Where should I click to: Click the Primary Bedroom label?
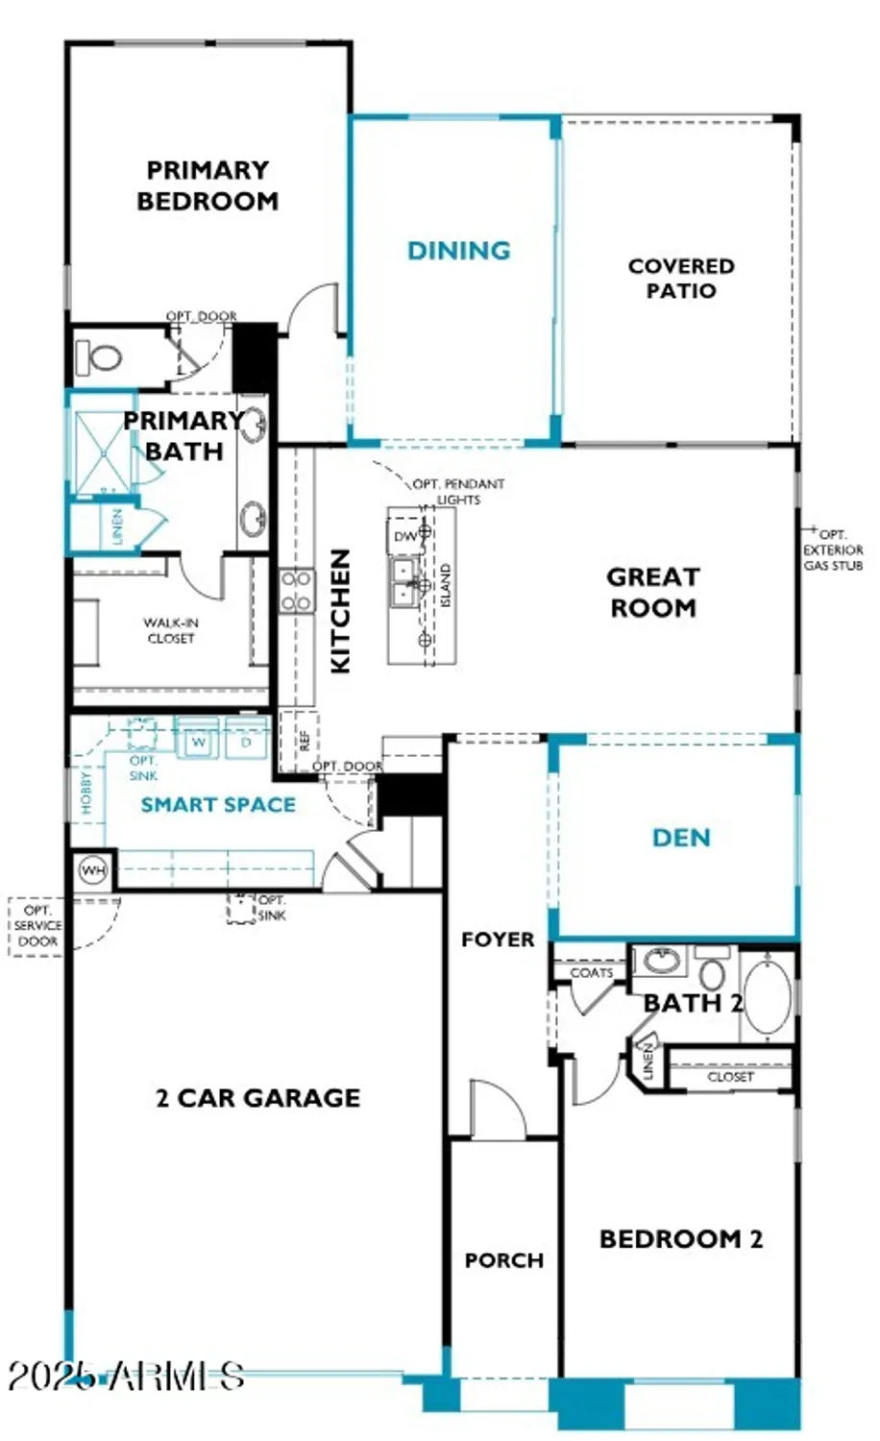[x=208, y=185]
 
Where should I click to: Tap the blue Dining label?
[x=458, y=251]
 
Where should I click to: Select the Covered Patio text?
[x=681, y=278]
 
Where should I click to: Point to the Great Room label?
[x=653, y=592]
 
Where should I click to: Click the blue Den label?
[x=681, y=838]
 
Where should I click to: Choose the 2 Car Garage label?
[x=258, y=1098]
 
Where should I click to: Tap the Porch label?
[x=503, y=1259]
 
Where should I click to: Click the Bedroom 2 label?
[x=681, y=1239]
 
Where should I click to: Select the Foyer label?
[x=498, y=940]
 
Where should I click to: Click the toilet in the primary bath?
[x=99, y=358]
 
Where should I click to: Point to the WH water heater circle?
[x=93, y=871]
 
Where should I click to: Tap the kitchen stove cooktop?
[x=296, y=591]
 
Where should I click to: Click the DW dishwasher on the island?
[x=405, y=536]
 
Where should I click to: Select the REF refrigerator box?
[x=304, y=740]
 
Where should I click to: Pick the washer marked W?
[x=199, y=742]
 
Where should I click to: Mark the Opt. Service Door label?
[x=37, y=926]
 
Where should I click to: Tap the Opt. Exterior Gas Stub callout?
[x=833, y=550]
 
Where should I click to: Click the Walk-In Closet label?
[x=171, y=630]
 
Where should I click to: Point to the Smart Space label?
[x=218, y=805]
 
